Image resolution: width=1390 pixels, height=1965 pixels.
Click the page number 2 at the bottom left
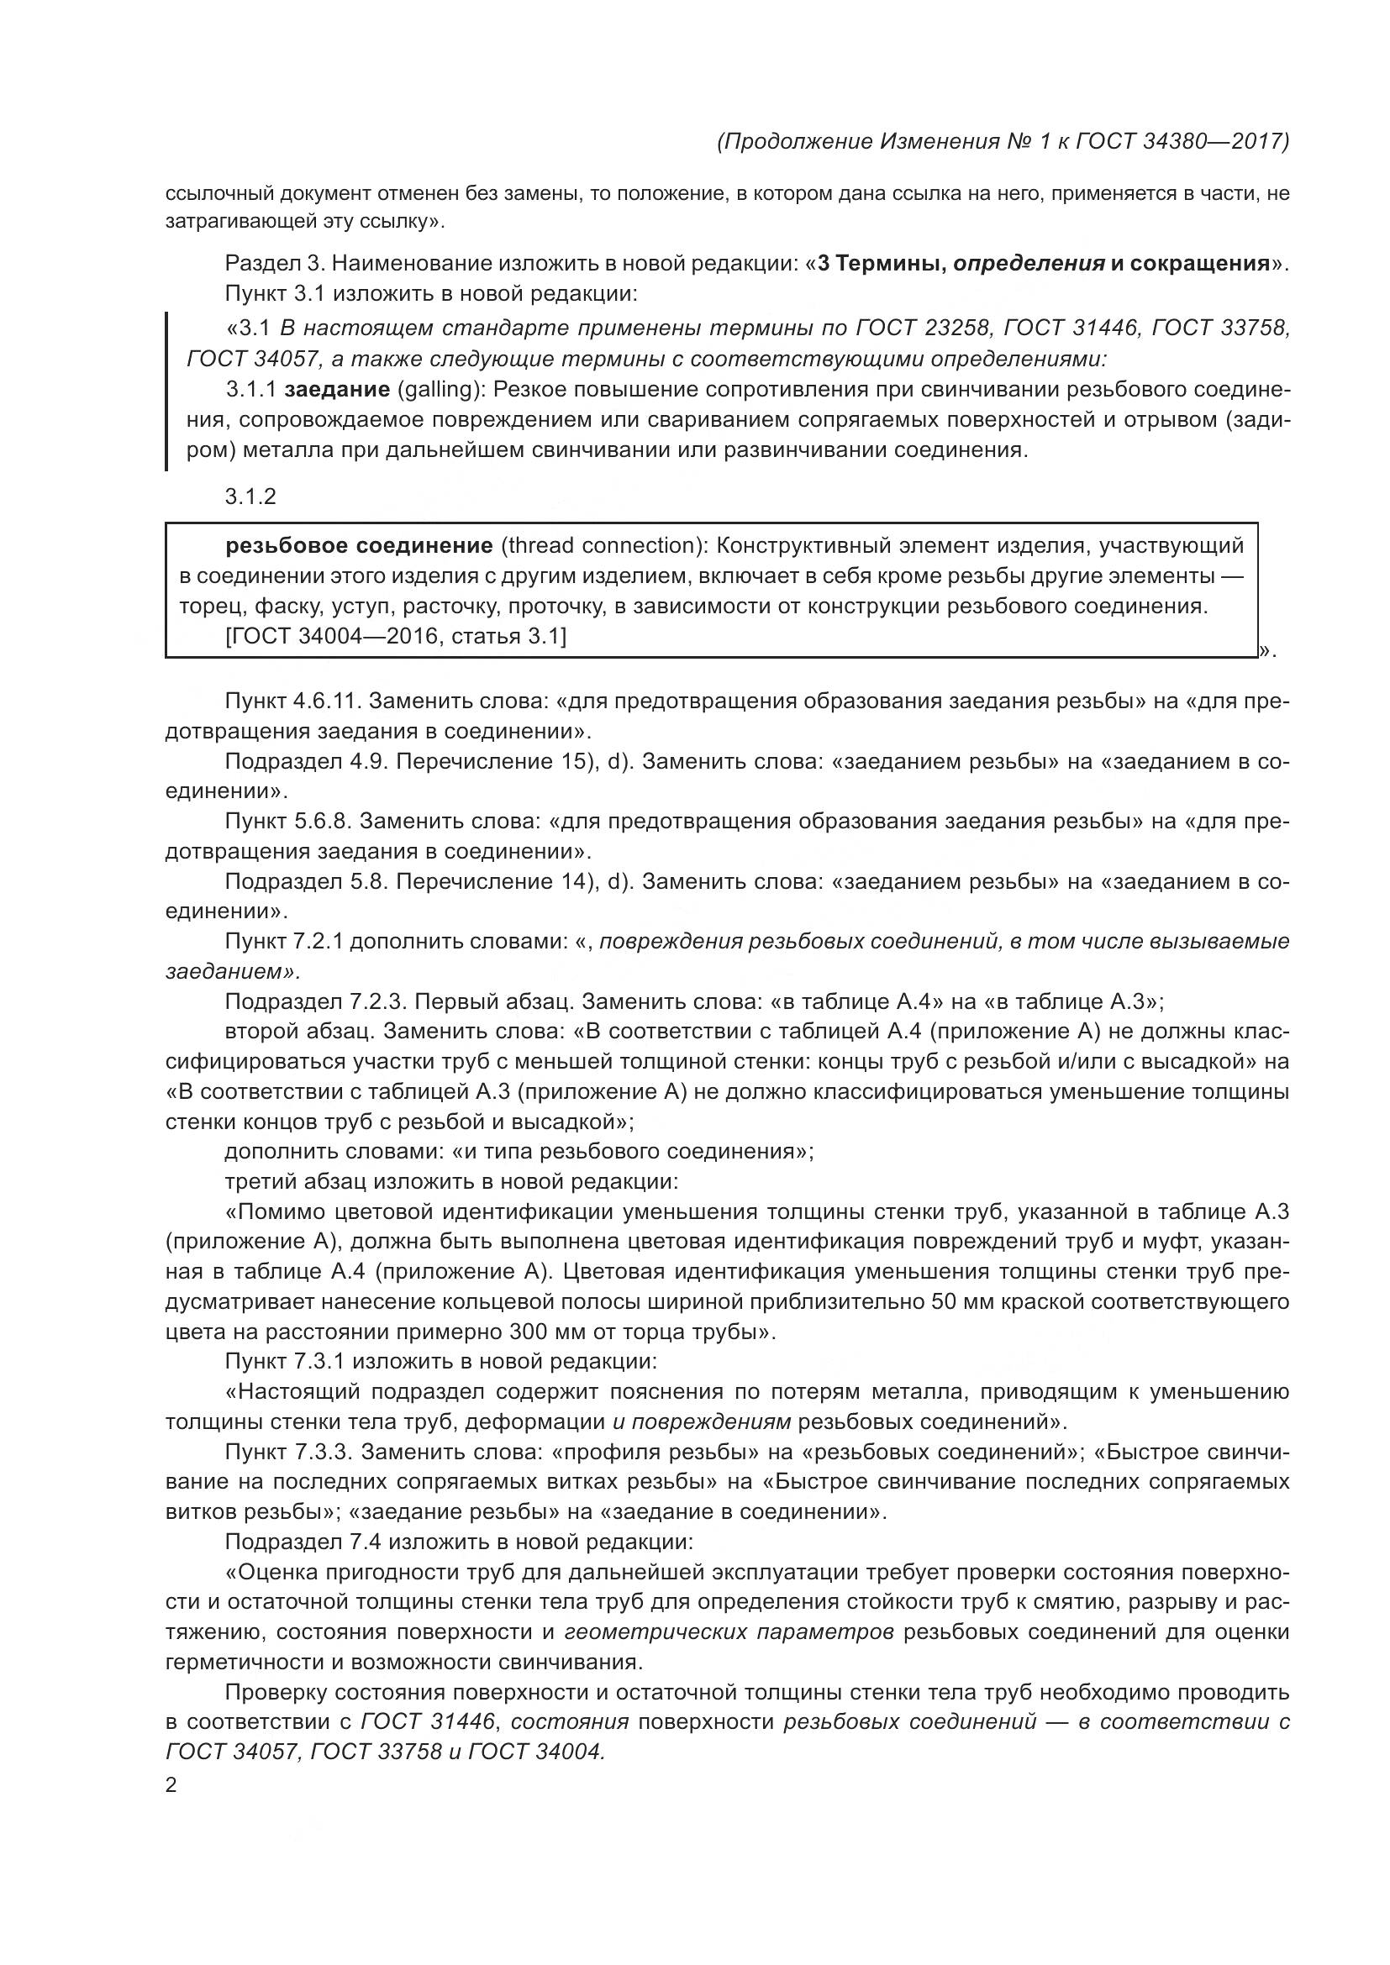tap(171, 1786)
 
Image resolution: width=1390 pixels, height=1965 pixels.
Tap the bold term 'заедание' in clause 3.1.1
tap(336, 391)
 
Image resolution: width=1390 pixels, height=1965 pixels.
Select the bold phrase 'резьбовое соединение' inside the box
tap(359, 546)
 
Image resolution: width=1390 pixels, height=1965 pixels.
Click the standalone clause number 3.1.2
tap(250, 497)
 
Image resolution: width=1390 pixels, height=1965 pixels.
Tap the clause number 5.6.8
tap(322, 822)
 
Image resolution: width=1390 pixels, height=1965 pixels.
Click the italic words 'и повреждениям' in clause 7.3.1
tap(702, 1422)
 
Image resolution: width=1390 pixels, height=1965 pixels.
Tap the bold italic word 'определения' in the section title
tap(1029, 264)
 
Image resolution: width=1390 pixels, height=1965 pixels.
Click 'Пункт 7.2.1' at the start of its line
tap(284, 942)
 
